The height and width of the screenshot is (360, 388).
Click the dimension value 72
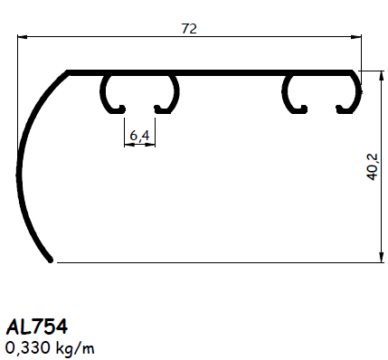click(x=189, y=28)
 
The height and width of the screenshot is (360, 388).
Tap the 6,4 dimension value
click(x=139, y=136)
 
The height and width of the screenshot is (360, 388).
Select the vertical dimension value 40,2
click(x=372, y=166)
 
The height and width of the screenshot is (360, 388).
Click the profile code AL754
click(x=36, y=326)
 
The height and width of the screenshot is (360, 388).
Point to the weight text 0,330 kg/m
click(x=51, y=346)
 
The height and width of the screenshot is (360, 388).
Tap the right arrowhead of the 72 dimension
click(x=355, y=37)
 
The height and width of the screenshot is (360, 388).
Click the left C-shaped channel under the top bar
click(x=139, y=93)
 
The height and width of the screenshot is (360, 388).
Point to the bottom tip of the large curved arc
click(x=53, y=261)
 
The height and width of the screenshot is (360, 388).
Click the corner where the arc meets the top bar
click(x=68, y=71)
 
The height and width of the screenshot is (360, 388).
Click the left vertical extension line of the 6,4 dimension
click(x=123, y=131)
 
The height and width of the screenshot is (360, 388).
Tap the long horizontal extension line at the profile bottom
click(x=217, y=262)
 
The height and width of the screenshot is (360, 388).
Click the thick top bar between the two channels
click(x=231, y=71)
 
